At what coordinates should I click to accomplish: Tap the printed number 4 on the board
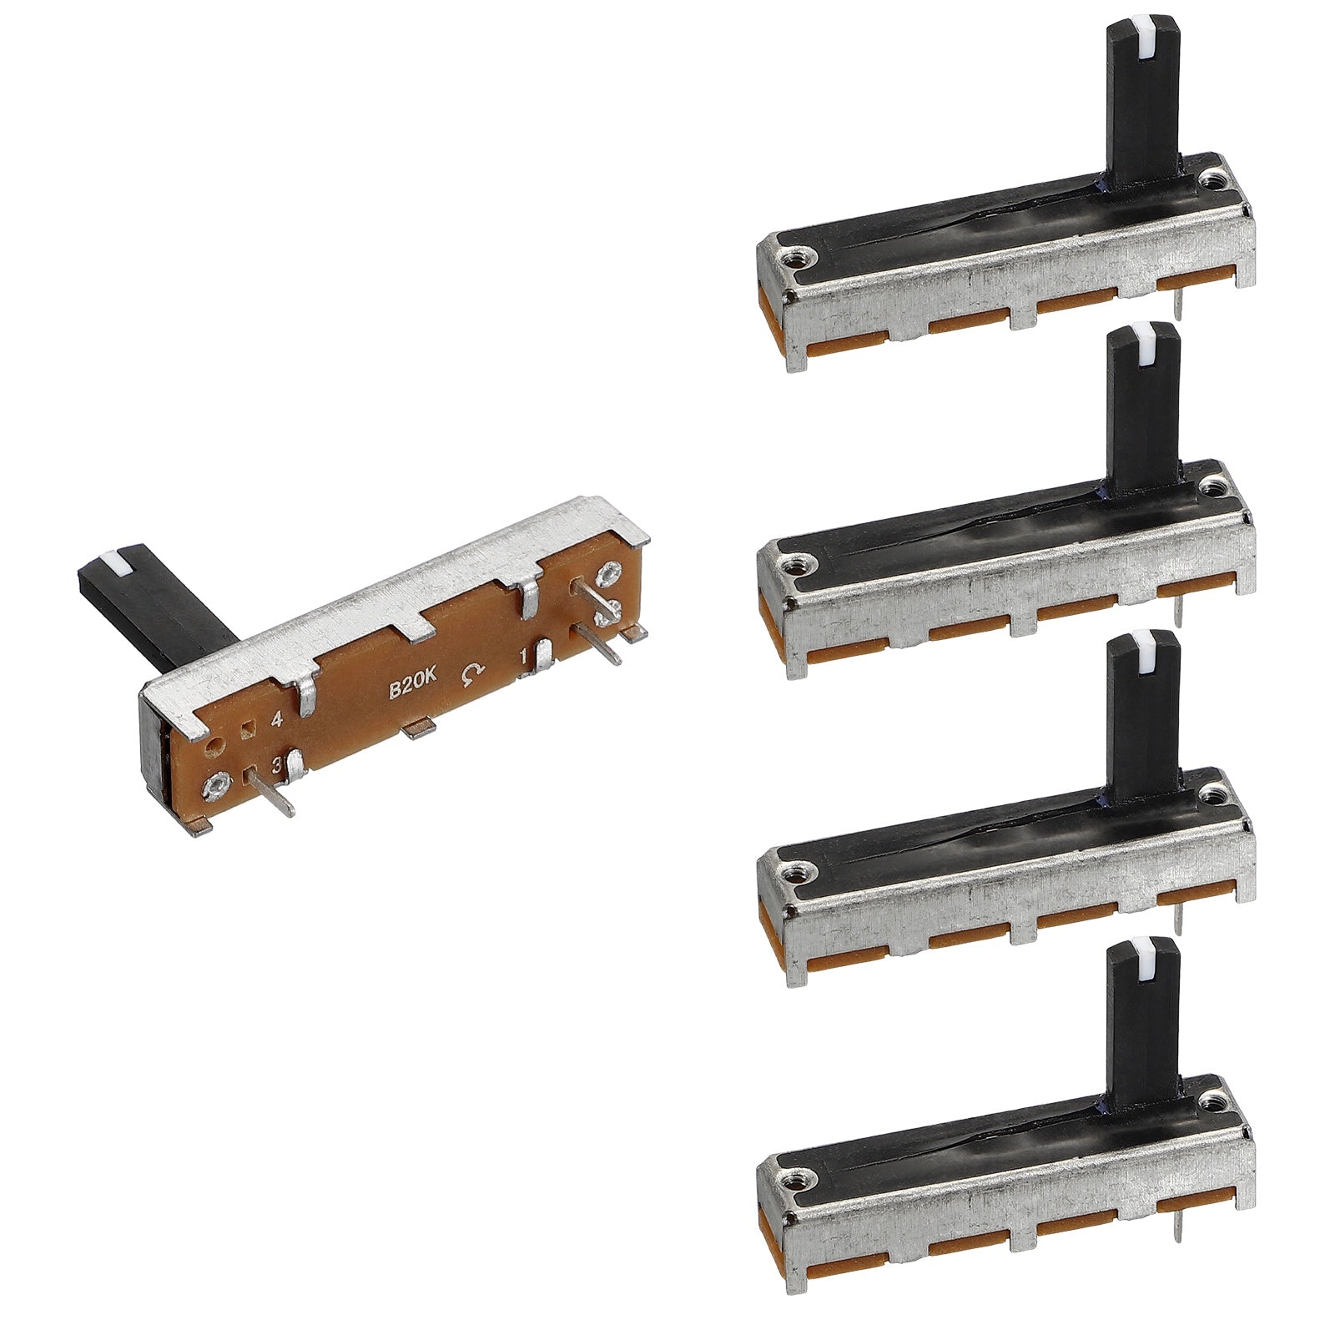276,718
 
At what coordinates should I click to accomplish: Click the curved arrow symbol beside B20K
472,673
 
